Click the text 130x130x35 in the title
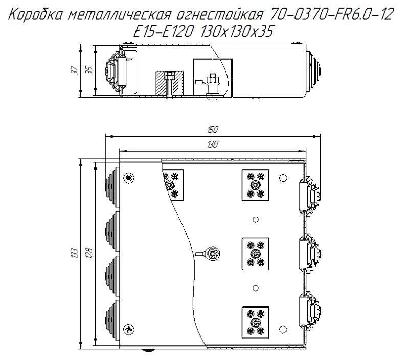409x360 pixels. (237, 32)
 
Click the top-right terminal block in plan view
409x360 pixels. (255, 184)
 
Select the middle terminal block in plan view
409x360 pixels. (255, 253)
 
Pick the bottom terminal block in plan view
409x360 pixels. (255, 322)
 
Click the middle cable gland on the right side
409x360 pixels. (311, 253)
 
